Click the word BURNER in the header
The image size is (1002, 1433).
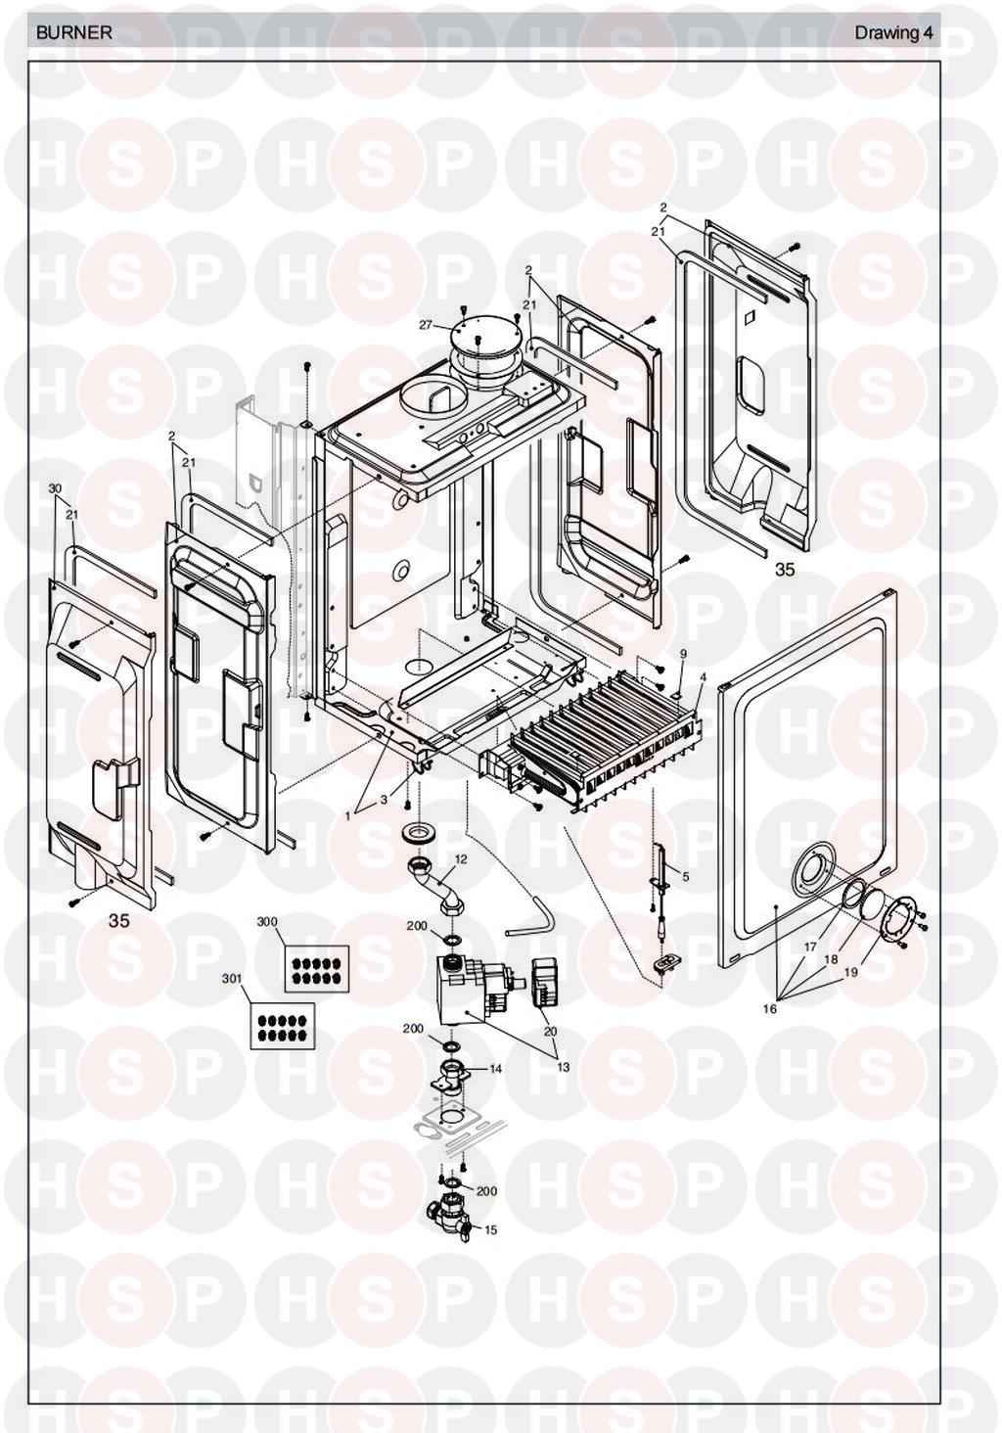pyautogui.click(x=74, y=32)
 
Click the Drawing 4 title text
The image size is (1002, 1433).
pyautogui.click(x=893, y=32)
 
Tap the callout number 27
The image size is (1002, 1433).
pyautogui.click(x=426, y=324)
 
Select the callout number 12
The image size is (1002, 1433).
pyautogui.click(x=461, y=858)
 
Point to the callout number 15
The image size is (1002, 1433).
pyautogui.click(x=491, y=1229)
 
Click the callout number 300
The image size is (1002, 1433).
pyautogui.click(x=267, y=922)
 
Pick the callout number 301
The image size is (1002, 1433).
pyautogui.click(x=232, y=978)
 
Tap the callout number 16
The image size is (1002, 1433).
pyautogui.click(x=770, y=1009)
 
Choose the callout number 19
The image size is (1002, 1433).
pyautogui.click(x=850, y=972)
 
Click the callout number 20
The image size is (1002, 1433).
pyautogui.click(x=550, y=1032)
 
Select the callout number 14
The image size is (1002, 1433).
pyautogui.click(x=495, y=1069)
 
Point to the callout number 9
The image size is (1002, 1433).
pyautogui.click(x=683, y=653)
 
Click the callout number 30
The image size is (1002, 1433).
pyautogui.click(x=55, y=487)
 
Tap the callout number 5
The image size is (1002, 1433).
pyautogui.click(x=685, y=876)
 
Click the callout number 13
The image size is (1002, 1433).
pyautogui.click(x=563, y=1067)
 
